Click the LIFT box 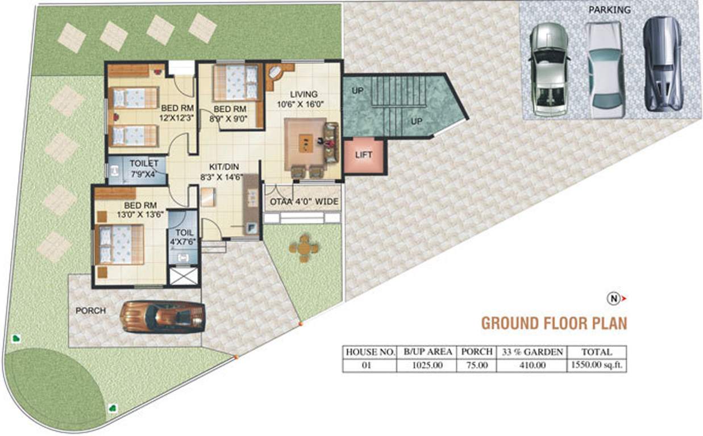364,155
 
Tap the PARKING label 609,10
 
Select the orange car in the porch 163,317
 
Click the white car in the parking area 605,70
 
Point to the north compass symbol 614,298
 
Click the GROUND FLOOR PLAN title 554,323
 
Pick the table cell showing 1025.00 427,366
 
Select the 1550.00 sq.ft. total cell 597,366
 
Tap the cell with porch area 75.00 476,366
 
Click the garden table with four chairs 304,248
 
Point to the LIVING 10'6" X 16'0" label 303,99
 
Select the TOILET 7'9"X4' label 143,168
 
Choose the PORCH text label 91,311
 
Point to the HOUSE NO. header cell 370,352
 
